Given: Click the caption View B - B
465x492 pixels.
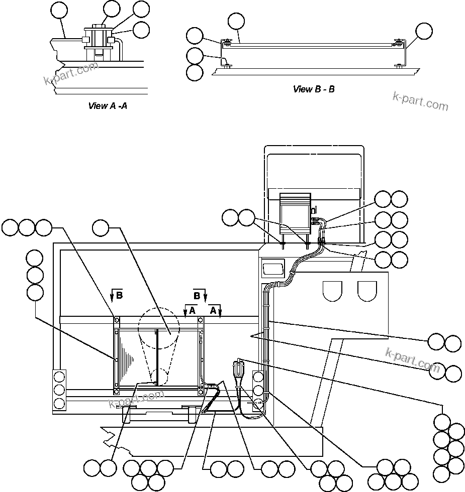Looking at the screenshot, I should click(x=314, y=89).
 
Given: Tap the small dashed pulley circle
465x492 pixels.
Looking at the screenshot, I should click(x=159, y=377).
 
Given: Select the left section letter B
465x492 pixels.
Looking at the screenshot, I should click(x=119, y=296).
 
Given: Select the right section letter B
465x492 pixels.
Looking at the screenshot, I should click(x=197, y=295).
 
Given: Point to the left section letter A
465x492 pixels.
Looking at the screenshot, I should click(x=192, y=311).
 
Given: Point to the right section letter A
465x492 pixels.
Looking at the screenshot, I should click(x=213, y=311).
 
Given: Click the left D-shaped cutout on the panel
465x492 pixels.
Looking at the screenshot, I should click(x=332, y=291).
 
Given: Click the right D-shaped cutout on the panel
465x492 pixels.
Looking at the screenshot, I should click(x=367, y=291).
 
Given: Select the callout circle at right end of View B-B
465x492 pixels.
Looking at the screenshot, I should click(x=424, y=31).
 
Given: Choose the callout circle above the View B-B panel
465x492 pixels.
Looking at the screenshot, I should click(x=236, y=21).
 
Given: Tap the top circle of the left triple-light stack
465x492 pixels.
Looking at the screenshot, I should click(x=60, y=377).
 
